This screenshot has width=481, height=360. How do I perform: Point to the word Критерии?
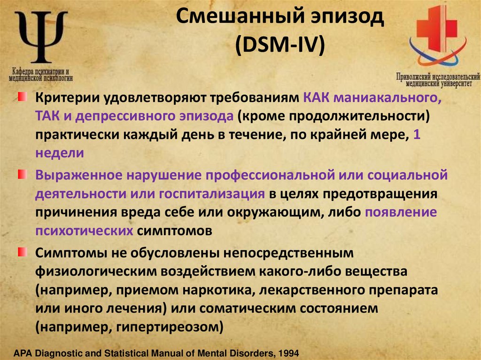pyautogui.click(x=65, y=99)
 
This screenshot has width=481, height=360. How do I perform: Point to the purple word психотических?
pyautogui.click(x=84, y=230)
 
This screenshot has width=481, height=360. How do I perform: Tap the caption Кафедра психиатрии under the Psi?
pyautogui.click(x=41, y=73)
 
